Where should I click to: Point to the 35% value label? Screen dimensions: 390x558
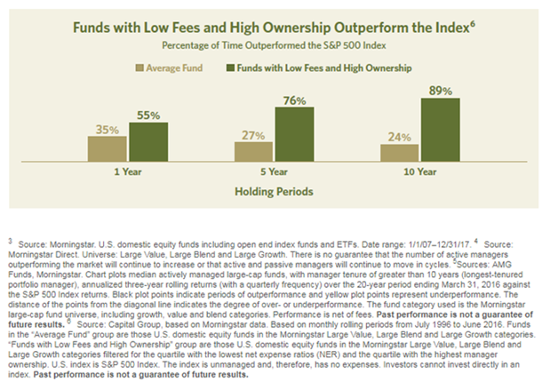click(x=108, y=130)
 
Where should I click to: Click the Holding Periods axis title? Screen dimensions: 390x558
click(x=274, y=191)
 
